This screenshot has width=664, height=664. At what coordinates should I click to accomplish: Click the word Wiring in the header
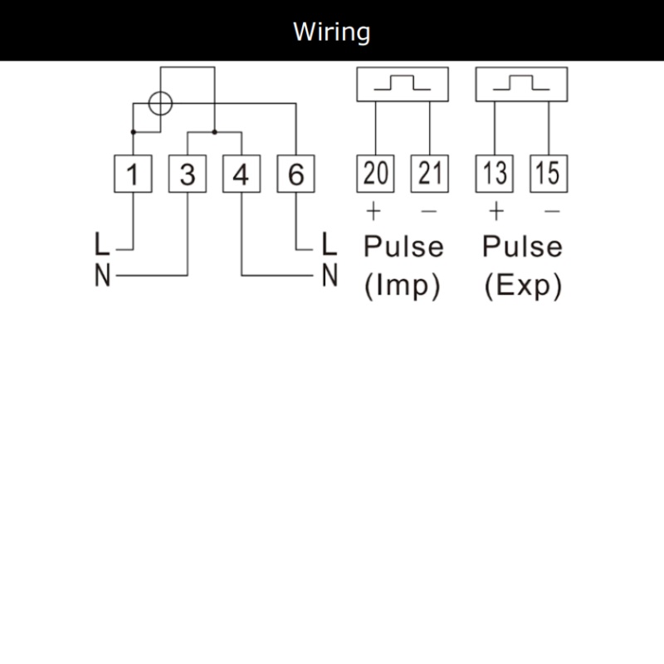tap(331, 32)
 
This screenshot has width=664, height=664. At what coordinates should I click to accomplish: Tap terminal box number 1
tap(133, 173)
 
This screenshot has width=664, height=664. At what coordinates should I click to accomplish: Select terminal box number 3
tap(188, 173)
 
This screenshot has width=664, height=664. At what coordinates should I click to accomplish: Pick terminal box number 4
tap(242, 173)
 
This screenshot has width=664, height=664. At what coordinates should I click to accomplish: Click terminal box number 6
tap(296, 173)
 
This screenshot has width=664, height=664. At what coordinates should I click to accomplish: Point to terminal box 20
tap(376, 173)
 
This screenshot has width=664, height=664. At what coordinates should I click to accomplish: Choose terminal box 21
tap(430, 173)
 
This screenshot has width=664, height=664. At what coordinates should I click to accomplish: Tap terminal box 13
tap(495, 173)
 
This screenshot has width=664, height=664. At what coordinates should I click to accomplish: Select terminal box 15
tap(549, 173)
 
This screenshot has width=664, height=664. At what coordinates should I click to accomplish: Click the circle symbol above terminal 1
tap(149, 103)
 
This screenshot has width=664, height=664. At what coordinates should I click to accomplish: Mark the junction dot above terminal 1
tap(134, 132)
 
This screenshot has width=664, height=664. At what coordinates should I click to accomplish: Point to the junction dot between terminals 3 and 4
tap(215, 132)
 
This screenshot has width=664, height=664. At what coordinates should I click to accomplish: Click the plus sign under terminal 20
tap(373, 211)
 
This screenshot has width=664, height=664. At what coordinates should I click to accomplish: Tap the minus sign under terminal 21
tap(429, 211)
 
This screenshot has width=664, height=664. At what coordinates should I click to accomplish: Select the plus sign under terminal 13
tap(496, 211)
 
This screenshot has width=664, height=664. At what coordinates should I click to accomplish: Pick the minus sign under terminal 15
tap(552, 211)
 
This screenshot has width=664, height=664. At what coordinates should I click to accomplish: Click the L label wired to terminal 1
tap(102, 243)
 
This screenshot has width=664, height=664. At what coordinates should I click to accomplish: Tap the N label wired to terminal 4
tap(330, 276)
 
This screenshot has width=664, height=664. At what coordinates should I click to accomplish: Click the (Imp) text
tap(403, 286)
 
